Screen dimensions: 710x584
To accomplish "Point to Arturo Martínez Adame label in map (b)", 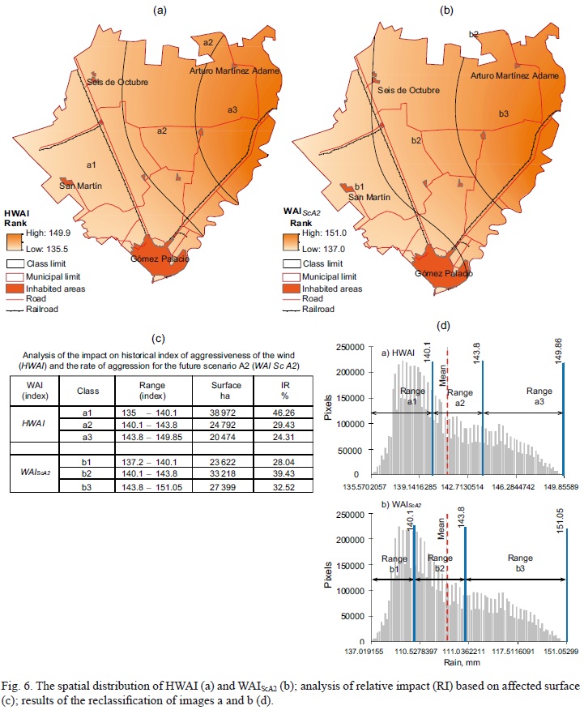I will click(x=514, y=75).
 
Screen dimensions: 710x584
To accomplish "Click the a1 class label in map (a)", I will click(x=92, y=165).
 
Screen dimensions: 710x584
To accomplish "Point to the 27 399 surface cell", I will click(x=212, y=487).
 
